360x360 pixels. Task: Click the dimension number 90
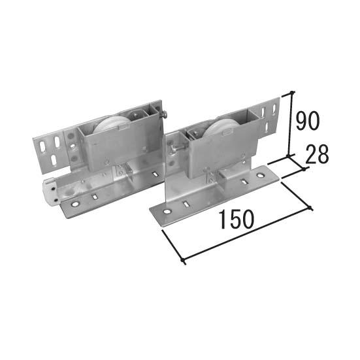[x=307, y=120]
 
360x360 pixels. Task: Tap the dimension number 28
[x=317, y=154]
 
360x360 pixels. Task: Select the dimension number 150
[x=237, y=220]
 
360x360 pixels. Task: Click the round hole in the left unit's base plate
[x=74, y=204]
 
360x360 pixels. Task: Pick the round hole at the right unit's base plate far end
[x=260, y=176]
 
